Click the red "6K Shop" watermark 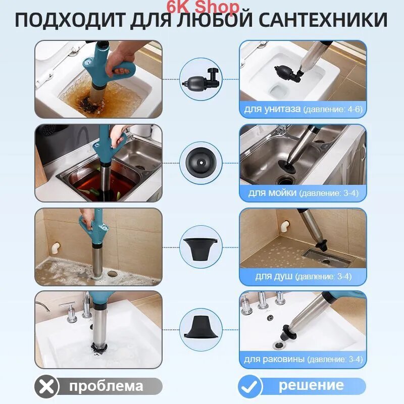click(203, 7)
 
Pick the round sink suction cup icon click(200, 163)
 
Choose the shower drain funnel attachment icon click(200, 248)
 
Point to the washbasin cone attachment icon click(200, 327)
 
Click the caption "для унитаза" click(272, 109)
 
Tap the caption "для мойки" click(272, 193)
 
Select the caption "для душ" click(274, 276)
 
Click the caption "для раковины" click(274, 359)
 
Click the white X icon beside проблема click(46, 386)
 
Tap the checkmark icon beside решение click(249, 386)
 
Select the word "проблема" click(106, 386)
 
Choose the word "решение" click(311, 385)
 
